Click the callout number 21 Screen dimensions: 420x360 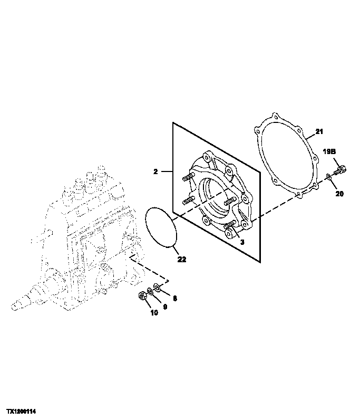click(x=319, y=131)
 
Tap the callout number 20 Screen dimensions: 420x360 click(x=339, y=194)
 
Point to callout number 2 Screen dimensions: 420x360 click(x=157, y=171)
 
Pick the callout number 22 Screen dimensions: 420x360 click(x=181, y=259)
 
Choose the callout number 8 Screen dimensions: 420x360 click(x=174, y=298)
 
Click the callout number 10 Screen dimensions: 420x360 click(x=154, y=312)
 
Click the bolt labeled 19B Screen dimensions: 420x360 click(x=339, y=170)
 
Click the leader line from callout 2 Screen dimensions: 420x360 click(x=167, y=171)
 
